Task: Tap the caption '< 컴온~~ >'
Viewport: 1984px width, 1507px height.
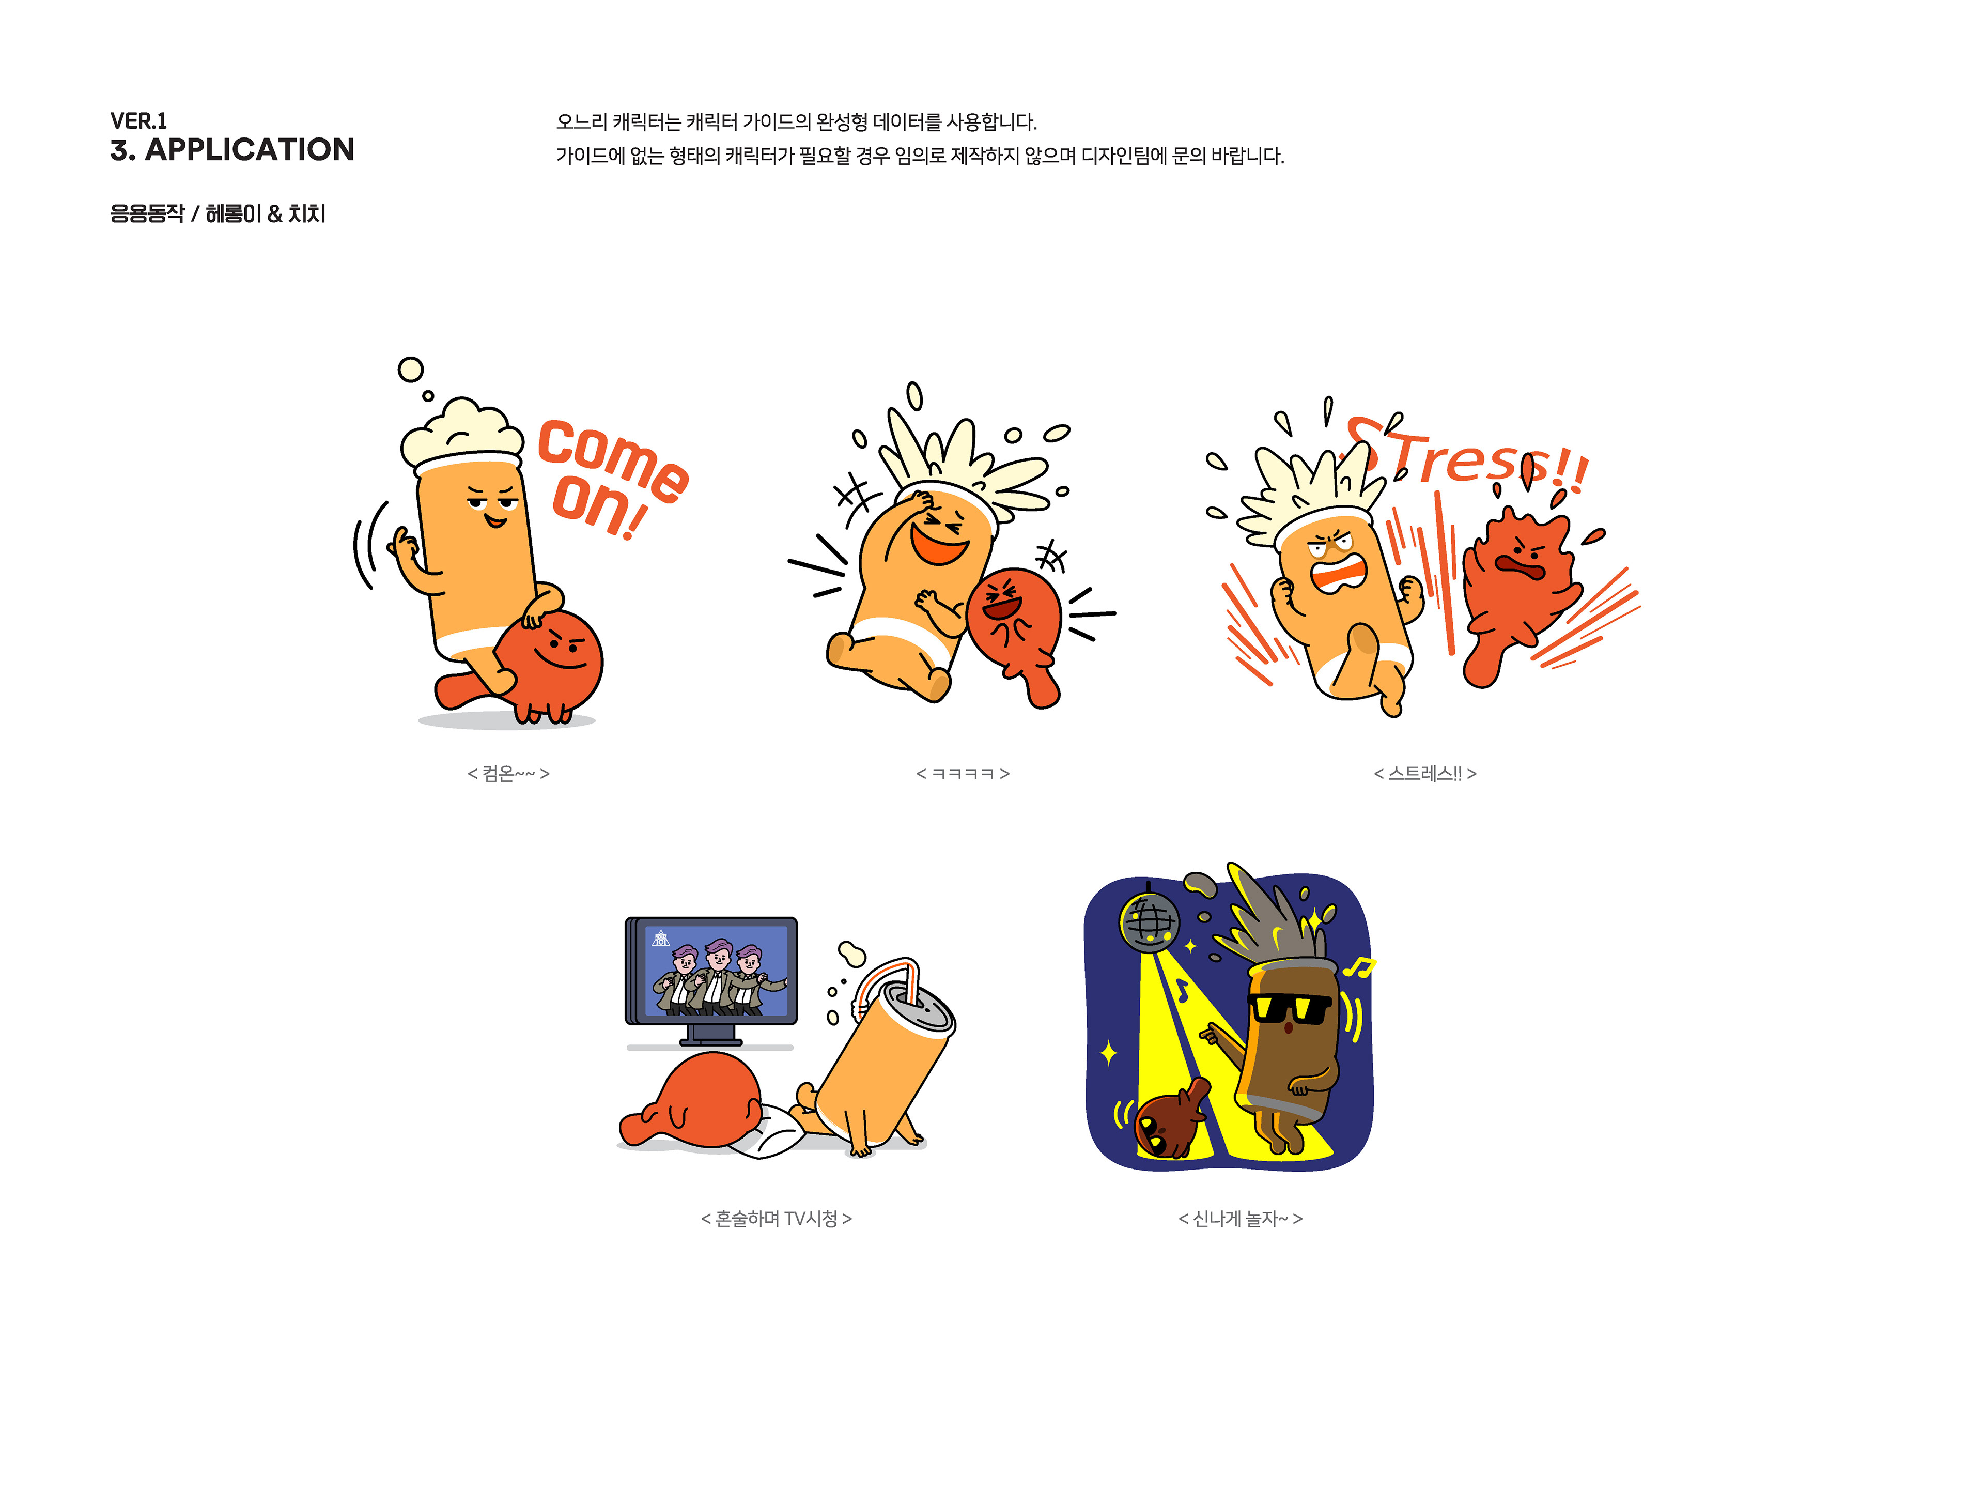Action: (x=508, y=773)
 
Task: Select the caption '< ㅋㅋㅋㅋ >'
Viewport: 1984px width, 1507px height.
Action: (x=963, y=773)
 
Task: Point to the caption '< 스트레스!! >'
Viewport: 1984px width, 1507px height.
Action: (x=1424, y=773)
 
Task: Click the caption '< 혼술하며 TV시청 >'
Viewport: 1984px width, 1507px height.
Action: (x=776, y=1218)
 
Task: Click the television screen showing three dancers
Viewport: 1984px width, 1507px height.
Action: (x=716, y=972)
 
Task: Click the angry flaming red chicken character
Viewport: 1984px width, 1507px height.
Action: (x=1516, y=592)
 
